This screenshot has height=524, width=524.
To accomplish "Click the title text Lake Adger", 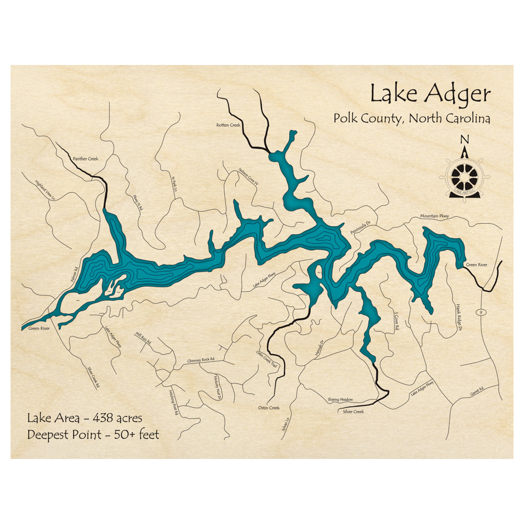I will pos(430,94).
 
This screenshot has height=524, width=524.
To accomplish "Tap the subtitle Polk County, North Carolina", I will pos(412,119).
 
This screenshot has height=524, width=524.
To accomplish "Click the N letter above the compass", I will pos(464,140).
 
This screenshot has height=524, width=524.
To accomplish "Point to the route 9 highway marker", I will pos(479,312).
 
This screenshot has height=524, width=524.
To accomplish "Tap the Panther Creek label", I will pos(85,158).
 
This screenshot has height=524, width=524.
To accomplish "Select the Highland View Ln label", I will pos(45,191).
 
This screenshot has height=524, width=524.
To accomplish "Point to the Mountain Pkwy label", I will pos(434,216).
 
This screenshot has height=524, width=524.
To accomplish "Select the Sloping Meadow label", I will pos(340,399).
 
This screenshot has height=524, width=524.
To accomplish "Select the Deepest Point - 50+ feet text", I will pos(93,434).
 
